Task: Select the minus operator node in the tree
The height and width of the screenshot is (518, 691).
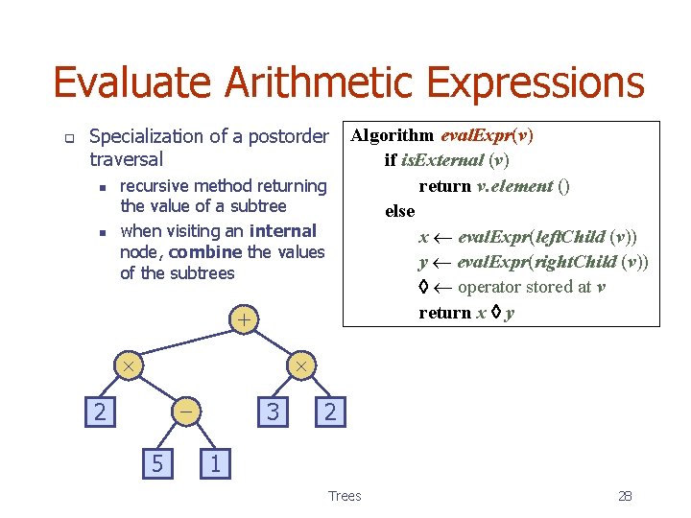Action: click(185, 412)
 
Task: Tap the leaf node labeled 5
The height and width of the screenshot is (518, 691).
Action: click(156, 464)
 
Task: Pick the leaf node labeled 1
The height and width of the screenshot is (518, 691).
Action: click(215, 464)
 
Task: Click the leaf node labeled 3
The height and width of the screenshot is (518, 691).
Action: click(273, 412)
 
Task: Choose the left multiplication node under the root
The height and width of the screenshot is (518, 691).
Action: click(127, 366)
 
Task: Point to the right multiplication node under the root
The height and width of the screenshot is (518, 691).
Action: click(300, 366)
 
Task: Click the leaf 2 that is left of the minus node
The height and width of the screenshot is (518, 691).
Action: click(98, 412)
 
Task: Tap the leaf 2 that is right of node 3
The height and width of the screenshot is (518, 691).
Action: click(330, 412)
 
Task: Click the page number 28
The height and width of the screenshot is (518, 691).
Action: click(625, 496)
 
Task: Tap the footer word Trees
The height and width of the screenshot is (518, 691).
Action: click(345, 496)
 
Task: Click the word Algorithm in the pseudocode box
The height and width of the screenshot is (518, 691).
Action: click(392, 135)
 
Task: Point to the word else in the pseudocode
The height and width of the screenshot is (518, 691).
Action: click(399, 211)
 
